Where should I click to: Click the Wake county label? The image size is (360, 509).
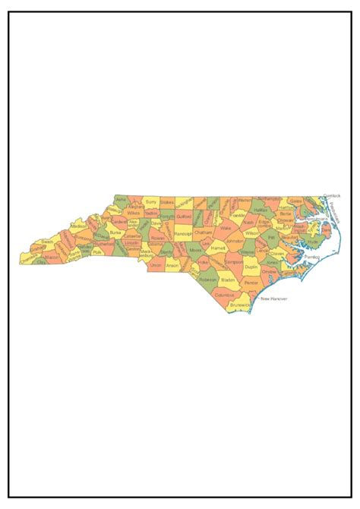point(225,228)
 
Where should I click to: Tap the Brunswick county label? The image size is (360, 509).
point(239,304)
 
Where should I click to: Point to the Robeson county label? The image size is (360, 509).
point(208,279)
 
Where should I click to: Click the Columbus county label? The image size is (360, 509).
point(224,294)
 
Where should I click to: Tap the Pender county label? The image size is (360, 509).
point(252,282)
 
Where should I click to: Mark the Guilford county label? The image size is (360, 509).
point(183,217)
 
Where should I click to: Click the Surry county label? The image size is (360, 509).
point(151,203)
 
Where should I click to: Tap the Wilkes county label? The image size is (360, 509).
point(134,213)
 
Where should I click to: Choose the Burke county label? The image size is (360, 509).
point(115,232)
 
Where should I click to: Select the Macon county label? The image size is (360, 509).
point(52,258)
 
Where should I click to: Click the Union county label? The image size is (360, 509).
point(156,266)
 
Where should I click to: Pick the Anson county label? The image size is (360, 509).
point(172,266)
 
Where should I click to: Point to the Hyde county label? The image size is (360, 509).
point(313,242)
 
